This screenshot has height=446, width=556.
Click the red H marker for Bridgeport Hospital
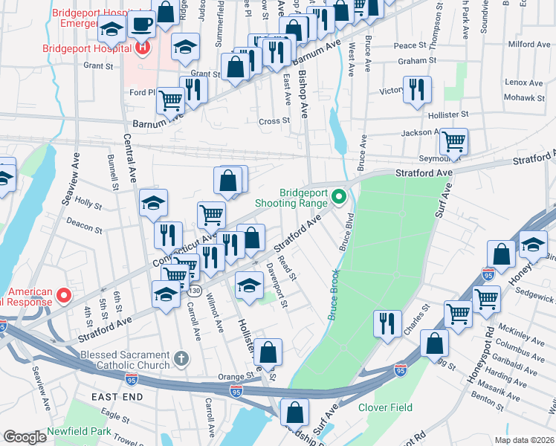pyautogui.click(x=143, y=49)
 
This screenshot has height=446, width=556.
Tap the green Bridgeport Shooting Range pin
pyautogui.click(x=340, y=197)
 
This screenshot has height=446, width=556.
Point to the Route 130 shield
pyautogui.click(x=194, y=290)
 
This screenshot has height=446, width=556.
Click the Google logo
pyautogui.click(x=25, y=437)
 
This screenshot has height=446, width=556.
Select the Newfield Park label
pyautogui.click(x=78, y=432)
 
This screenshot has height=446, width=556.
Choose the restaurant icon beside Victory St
pyautogui.click(x=416, y=90)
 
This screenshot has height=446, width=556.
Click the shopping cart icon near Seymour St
pyautogui.click(x=453, y=141)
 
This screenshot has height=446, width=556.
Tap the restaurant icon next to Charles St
pyautogui.click(x=387, y=323)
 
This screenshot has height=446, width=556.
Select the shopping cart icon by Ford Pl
pyautogui.click(x=170, y=100)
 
